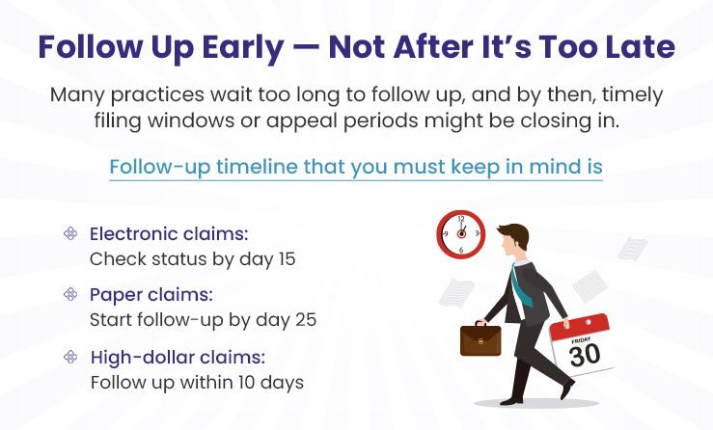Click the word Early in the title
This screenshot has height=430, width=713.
pos(243,47)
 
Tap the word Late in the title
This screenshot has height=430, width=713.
pos(642,47)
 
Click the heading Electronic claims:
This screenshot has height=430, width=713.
pos(169,234)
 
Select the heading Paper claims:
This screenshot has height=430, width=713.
pos(151,295)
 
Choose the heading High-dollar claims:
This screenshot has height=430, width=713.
pos(178,358)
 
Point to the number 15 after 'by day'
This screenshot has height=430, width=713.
pos(287,259)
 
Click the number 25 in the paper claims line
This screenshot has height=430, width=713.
pos(306,320)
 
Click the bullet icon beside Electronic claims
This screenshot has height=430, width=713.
pos(70,233)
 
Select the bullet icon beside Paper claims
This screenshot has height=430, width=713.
pos(70,294)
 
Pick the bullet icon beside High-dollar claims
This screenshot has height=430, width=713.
pos(70,357)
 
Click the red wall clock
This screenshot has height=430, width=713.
pos(461,234)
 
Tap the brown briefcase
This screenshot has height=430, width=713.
pos(480,339)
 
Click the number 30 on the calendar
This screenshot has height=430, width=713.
pos(585,356)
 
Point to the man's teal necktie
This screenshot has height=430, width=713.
pos(520,285)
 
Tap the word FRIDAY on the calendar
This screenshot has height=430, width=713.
pos(581,340)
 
